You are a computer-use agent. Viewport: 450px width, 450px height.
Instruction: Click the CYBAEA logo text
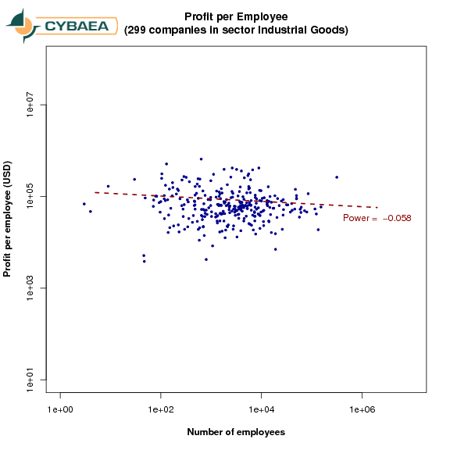77,26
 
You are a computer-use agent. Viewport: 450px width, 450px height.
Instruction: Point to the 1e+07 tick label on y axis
30,105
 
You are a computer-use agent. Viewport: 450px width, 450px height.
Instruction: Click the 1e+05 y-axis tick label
30,196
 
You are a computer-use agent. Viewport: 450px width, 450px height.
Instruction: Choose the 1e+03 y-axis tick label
30,288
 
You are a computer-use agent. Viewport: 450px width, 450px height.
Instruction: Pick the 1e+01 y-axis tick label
30,380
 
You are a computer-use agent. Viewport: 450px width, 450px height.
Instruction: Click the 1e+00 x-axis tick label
60,409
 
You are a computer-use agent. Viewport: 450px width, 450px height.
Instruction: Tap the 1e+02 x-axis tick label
161,409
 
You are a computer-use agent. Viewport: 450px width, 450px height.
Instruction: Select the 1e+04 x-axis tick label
262,409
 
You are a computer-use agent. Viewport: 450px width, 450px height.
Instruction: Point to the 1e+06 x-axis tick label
362,409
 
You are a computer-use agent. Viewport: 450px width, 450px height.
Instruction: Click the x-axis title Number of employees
236,432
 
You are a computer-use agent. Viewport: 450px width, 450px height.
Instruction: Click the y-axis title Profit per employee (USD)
7,219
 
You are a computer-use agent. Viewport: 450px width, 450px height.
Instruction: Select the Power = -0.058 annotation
377,218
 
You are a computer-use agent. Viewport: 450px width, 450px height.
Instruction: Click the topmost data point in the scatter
202,159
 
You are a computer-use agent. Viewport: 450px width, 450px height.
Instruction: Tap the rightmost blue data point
337,177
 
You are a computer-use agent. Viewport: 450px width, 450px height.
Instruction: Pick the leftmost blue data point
84,204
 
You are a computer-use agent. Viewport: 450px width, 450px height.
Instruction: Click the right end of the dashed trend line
378,207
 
